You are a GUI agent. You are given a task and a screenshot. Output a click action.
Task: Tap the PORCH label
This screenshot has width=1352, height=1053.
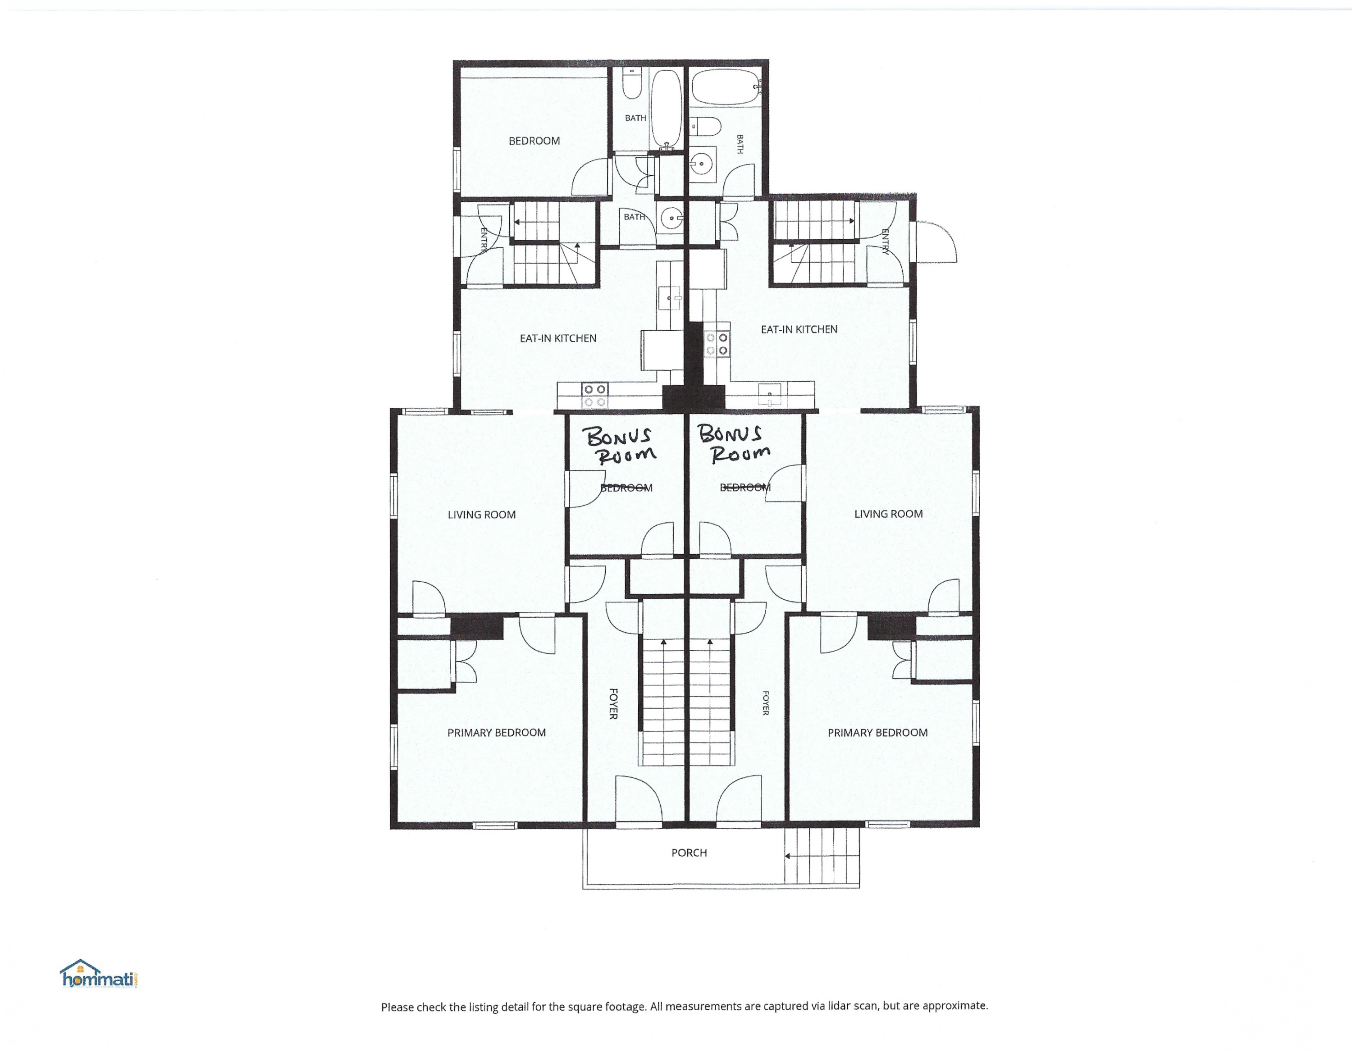pos(689,852)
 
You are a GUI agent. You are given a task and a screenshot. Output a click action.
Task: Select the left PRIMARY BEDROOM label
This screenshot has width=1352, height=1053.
pos(497,732)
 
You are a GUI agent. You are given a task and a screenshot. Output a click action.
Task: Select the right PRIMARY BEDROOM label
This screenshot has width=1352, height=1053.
pos(878,732)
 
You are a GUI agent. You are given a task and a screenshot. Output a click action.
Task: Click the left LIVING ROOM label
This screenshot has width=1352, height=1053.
pos(482,515)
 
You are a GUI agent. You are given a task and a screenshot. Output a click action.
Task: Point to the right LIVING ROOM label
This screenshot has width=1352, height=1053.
pos(888,514)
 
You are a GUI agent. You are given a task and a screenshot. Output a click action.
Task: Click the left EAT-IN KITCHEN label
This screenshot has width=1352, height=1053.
pos(558,338)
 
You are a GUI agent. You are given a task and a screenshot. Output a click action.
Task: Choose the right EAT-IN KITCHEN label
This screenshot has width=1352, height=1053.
pos(799,329)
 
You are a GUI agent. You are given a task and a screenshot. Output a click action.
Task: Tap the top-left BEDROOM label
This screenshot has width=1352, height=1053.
pos(534,141)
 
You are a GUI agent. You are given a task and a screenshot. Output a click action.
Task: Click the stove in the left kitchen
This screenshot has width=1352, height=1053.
pos(594,396)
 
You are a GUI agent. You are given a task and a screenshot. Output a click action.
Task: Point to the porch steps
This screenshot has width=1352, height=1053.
pos(822,857)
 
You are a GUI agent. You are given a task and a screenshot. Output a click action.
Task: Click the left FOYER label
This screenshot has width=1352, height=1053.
pos(613,704)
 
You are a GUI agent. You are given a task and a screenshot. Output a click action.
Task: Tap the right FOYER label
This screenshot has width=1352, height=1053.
pos(766,703)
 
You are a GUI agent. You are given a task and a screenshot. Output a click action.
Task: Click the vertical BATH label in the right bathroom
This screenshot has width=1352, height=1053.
pos(740,144)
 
